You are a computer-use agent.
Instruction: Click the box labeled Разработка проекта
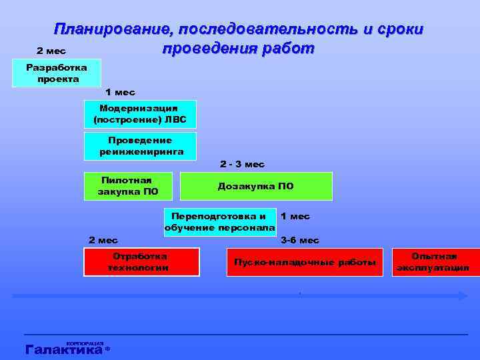(56, 73)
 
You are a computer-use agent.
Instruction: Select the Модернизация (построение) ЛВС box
(140, 114)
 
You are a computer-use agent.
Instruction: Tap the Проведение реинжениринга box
(140, 146)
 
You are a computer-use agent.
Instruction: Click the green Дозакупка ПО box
(256, 186)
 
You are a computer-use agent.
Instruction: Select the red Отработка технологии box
(141, 262)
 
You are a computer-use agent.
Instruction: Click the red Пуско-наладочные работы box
(305, 262)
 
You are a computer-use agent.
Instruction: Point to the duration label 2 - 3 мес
(242, 164)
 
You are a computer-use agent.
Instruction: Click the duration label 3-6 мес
(300, 240)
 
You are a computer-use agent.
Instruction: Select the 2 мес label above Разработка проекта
(50, 51)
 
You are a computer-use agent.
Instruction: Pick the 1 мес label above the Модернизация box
(120, 91)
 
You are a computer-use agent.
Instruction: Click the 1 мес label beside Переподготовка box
(295, 217)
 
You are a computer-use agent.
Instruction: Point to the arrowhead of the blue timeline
(462, 295)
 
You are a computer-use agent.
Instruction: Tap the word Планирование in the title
(111, 30)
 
